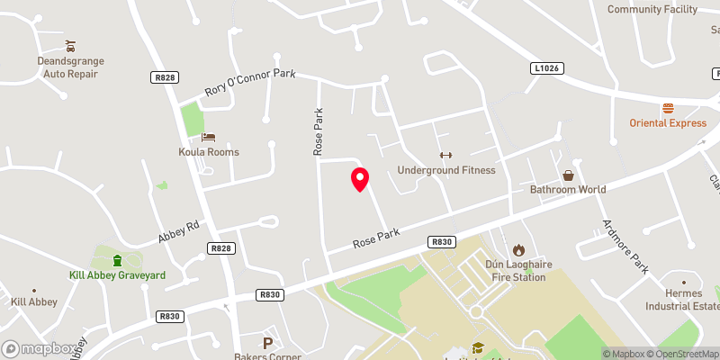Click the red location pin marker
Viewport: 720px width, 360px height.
click(x=360, y=179)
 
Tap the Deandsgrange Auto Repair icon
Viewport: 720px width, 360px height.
click(x=71, y=45)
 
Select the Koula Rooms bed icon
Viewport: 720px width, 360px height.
click(x=209, y=137)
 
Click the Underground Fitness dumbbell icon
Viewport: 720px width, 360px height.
click(x=446, y=155)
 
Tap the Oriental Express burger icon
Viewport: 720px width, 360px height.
click(x=668, y=108)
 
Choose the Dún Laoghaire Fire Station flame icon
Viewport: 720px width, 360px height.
click(x=518, y=249)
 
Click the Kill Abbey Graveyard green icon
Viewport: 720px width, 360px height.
click(x=118, y=260)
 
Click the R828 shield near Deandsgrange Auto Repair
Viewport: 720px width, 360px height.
click(x=164, y=78)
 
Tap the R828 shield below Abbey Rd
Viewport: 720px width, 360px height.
click(x=220, y=247)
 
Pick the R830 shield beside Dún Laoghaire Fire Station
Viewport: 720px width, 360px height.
click(x=442, y=242)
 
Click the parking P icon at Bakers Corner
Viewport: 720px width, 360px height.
click(x=267, y=342)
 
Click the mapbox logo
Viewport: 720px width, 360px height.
click(x=39, y=348)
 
